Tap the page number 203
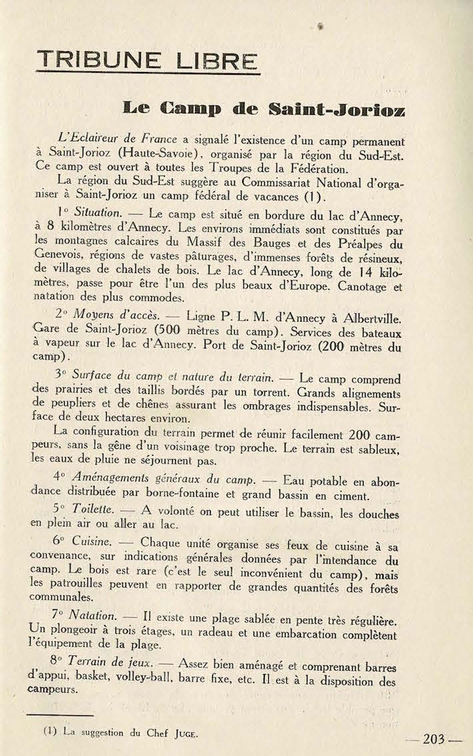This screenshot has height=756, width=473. (x=434, y=739)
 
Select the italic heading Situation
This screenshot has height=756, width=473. (x=97, y=213)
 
